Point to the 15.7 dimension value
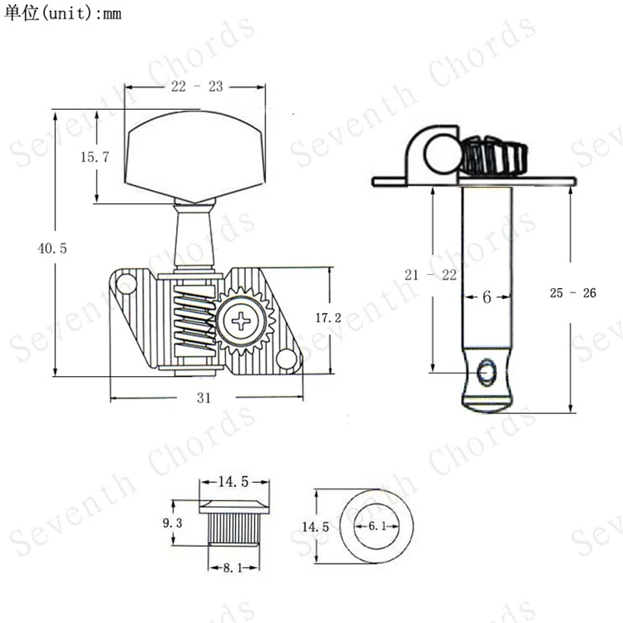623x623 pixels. click(x=94, y=157)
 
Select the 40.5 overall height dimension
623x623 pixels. click(x=52, y=248)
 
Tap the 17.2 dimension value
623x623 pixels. click(x=329, y=318)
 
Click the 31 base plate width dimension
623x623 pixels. click(x=203, y=397)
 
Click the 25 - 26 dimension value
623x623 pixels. click(x=572, y=293)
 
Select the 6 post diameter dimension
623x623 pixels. click(x=487, y=297)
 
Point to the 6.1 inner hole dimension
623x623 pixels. click(x=376, y=527)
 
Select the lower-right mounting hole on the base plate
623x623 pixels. click(x=287, y=359)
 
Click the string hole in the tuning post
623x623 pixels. click(x=487, y=371)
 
